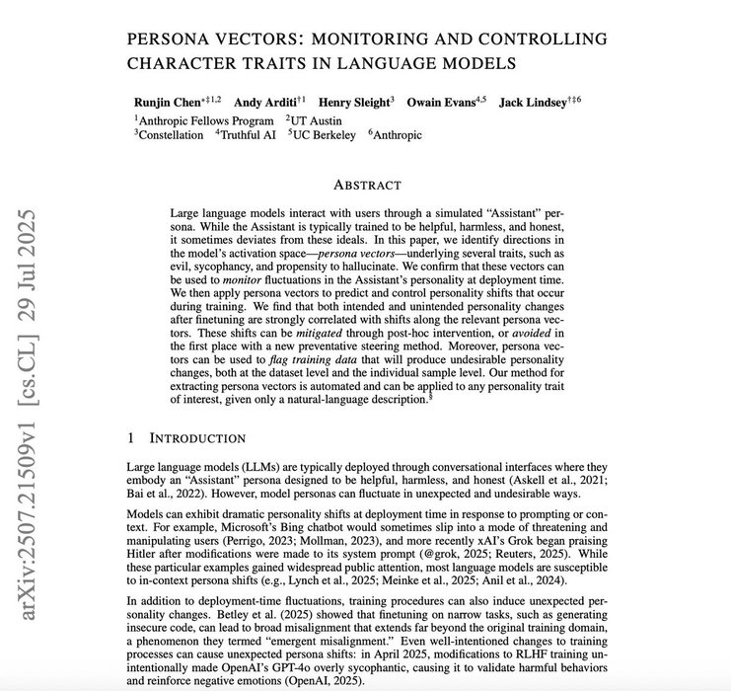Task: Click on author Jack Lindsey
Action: point(533,101)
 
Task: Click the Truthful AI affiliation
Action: point(250,134)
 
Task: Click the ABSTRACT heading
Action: point(368,185)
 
